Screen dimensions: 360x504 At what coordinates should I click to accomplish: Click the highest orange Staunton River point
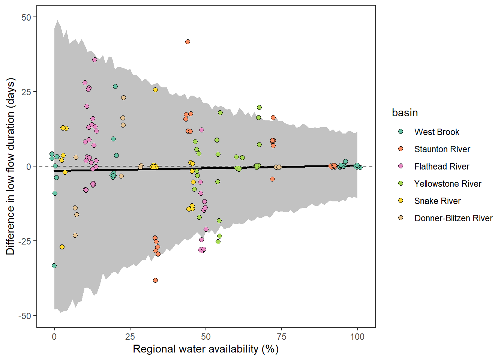click(187, 42)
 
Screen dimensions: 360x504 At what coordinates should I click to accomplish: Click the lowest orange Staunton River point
click(155, 280)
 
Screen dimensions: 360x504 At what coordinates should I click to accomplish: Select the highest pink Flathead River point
click(94, 60)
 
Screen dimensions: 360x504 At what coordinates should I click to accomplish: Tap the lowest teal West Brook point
click(54, 265)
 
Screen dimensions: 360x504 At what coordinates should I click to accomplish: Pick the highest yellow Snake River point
click(155, 90)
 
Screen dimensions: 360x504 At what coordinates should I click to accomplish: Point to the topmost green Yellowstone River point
click(259, 108)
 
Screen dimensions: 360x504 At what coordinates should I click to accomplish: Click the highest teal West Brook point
click(115, 87)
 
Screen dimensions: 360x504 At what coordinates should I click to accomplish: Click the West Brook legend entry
click(436, 132)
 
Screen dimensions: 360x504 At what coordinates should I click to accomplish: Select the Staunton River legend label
click(442, 149)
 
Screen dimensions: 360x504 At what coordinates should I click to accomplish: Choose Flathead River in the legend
click(441, 166)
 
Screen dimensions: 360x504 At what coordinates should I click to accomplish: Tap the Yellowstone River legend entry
click(447, 184)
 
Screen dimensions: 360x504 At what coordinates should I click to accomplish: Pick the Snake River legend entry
click(437, 201)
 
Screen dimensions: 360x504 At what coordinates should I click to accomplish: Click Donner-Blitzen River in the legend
click(453, 218)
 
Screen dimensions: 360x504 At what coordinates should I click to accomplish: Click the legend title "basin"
click(405, 113)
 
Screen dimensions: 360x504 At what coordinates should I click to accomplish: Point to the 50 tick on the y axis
click(26, 17)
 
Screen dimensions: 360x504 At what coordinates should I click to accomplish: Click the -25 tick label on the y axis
click(25, 241)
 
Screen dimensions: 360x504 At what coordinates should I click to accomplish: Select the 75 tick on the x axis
click(281, 336)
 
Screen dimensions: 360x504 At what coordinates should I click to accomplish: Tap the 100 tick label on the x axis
click(357, 336)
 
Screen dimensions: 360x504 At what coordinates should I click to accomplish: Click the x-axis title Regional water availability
click(205, 349)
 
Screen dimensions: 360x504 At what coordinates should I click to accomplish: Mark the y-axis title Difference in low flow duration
click(10, 166)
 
